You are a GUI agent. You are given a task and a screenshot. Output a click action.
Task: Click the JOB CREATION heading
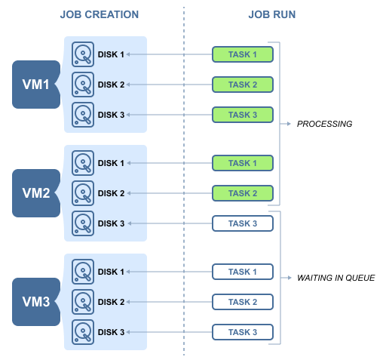pyautogui.click(x=100, y=14)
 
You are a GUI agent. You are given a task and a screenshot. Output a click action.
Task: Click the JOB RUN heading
pyautogui.click(x=272, y=14)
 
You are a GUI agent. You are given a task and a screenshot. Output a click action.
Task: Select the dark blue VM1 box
pyautogui.click(x=36, y=85)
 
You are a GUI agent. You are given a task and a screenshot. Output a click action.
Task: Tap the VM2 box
pyautogui.click(x=36, y=193)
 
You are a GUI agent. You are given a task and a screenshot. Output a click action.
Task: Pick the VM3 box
pyautogui.click(x=36, y=302)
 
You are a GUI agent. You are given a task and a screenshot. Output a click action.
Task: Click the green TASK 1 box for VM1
pyautogui.click(x=243, y=54)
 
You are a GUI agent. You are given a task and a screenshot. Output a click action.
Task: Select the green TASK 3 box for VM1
pyautogui.click(x=243, y=115)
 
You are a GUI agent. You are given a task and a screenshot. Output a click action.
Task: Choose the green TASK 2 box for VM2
pyautogui.click(x=243, y=193)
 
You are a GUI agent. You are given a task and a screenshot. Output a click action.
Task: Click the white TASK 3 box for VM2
pyautogui.click(x=243, y=223)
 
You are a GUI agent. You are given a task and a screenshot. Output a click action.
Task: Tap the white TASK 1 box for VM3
pyautogui.click(x=243, y=272)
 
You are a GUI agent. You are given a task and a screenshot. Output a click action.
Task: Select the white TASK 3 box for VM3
pyautogui.click(x=243, y=332)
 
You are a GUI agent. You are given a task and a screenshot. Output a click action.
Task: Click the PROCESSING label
pyautogui.click(x=324, y=124)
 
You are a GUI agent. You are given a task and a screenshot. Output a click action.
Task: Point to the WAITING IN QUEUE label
pyautogui.click(x=335, y=278)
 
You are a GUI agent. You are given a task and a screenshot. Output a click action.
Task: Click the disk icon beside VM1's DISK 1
pyautogui.click(x=83, y=54)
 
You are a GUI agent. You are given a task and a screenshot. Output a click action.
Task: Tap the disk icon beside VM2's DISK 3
pyautogui.click(x=83, y=223)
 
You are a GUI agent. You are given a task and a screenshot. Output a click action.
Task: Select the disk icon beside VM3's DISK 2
pyautogui.click(x=83, y=302)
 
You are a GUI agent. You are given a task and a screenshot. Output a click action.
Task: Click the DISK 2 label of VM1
pyautogui.click(x=111, y=85)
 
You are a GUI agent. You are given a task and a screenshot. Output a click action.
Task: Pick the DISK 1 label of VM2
pyautogui.click(x=111, y=163)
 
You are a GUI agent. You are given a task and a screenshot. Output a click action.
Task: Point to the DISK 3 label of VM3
pyautogui.click(x=111, y=332)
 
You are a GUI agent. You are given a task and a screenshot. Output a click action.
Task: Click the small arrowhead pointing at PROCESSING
pyautogui.click(x=289, y=124)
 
